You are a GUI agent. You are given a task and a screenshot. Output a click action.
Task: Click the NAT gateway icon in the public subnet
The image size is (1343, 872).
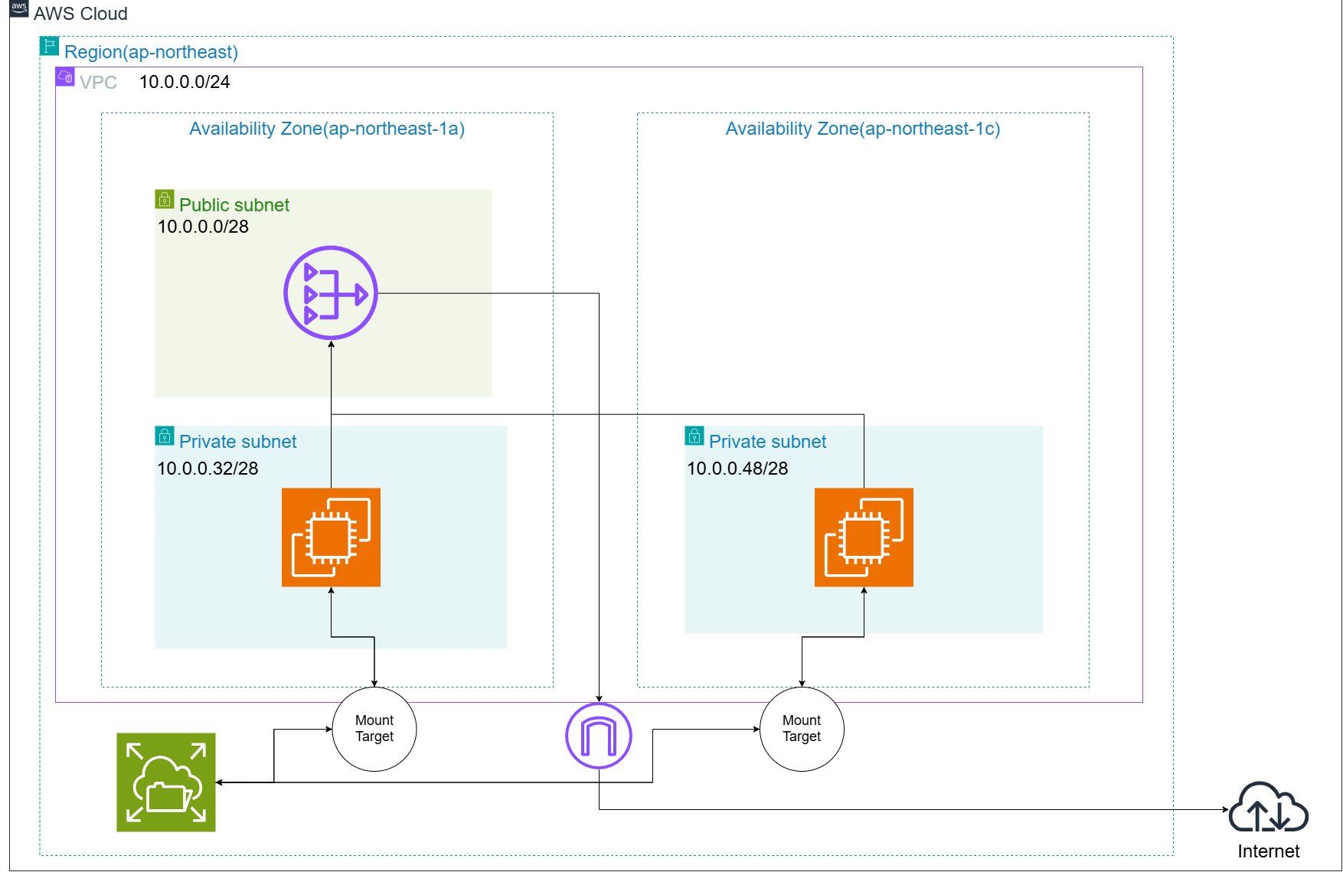point(331,292)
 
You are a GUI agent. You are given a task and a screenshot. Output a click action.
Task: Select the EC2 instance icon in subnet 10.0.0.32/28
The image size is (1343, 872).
point(331,537)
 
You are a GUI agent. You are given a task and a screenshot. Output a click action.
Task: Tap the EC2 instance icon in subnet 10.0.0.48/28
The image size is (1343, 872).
point(864,537)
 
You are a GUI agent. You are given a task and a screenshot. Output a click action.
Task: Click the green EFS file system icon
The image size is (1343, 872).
point(166,782)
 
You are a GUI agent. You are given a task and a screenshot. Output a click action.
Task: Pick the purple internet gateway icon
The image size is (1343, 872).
point(599,736)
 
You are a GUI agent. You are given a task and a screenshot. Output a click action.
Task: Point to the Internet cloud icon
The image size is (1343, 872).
point(1269,807)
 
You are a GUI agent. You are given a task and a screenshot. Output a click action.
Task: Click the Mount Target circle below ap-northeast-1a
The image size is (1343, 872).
point(374,729)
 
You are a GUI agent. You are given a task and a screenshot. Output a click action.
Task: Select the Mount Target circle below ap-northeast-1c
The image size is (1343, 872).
point(802,729)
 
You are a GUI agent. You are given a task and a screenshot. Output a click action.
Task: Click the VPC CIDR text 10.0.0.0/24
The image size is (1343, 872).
point(185,82)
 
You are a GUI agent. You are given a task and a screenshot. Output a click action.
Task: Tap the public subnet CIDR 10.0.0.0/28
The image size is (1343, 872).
point(203,227)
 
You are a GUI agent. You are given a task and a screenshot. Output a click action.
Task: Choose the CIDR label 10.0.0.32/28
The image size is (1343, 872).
point(207,469)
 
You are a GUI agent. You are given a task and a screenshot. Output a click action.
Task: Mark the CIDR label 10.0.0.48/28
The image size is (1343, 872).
point(737,469)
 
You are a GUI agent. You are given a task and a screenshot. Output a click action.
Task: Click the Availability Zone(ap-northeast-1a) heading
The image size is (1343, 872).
point(327,129)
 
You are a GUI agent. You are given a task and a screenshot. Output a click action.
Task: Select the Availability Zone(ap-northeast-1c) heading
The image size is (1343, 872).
point(863,129)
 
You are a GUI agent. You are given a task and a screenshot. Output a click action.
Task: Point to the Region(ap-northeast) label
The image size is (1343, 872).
point(152,52)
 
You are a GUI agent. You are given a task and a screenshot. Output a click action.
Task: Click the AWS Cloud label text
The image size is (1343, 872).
point(80,14)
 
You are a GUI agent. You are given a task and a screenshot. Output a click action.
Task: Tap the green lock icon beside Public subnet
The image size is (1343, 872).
point(165,199)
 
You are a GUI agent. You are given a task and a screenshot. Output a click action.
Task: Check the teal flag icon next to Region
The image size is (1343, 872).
point(50,46)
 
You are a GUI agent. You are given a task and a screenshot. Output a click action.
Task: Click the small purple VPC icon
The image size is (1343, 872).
point(65,77)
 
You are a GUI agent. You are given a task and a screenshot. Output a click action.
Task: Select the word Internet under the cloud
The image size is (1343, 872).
point(1269,851)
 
